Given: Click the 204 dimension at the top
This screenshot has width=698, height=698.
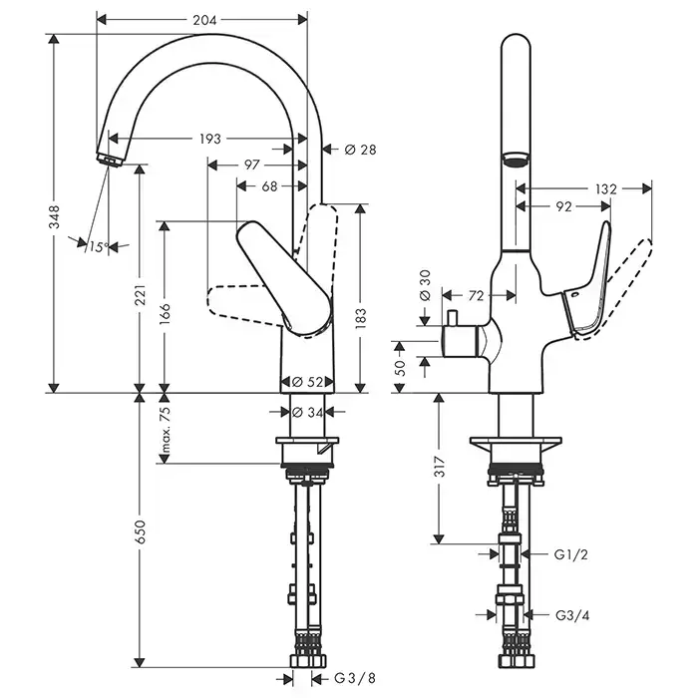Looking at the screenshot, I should (x=203, y=19).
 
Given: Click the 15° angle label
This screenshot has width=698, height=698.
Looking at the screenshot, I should (x=97, y=246).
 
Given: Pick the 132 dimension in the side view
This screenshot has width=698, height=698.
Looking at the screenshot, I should (x=605, y=187).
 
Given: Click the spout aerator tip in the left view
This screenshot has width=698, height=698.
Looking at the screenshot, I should (x=107, y=157).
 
